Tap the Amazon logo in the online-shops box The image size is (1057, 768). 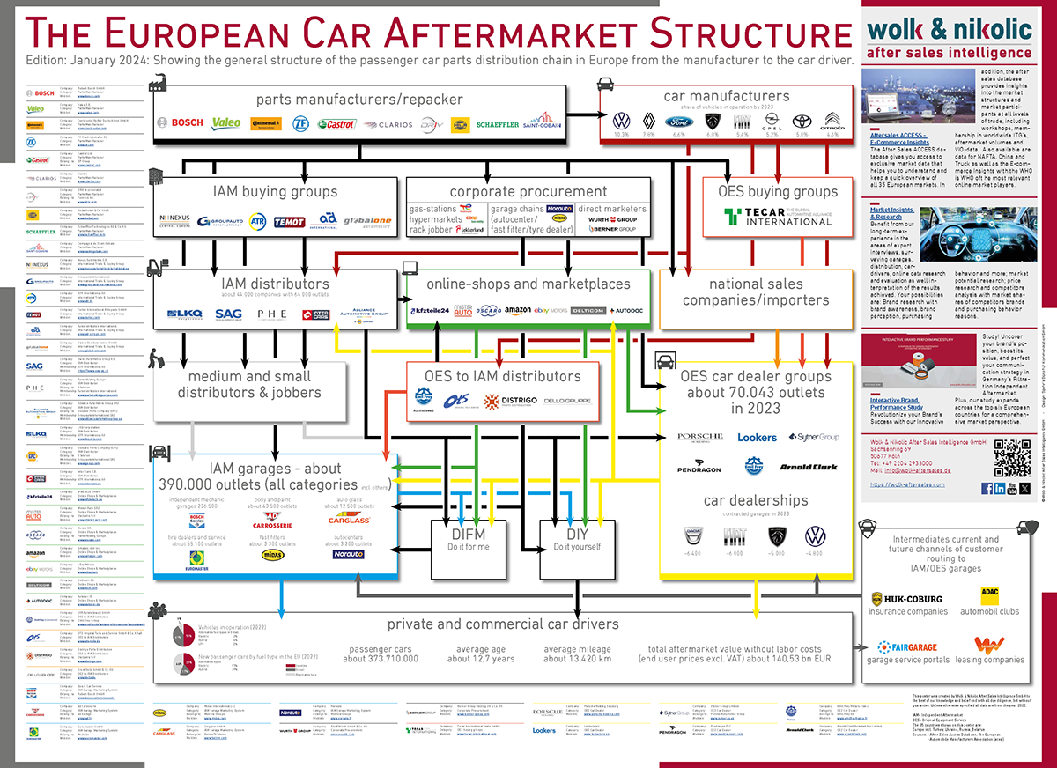click(x=518, y=311)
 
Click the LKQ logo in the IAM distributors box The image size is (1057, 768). click(x=184, y=314)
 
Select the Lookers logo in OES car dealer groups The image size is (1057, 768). click(x=757, y=438)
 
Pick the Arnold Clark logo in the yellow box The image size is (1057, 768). click(x=808, y=467)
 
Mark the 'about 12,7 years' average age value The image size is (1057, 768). click(x=481, y=659)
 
